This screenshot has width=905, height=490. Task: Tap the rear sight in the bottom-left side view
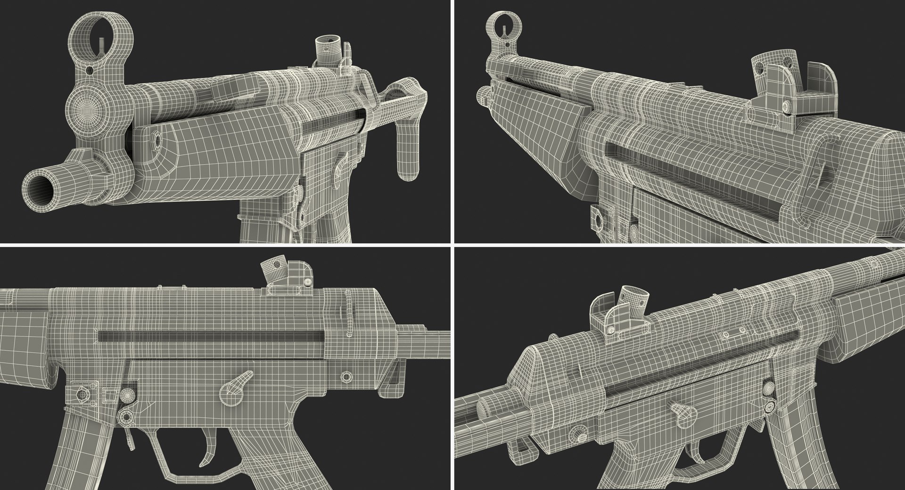click(x=288, y=279)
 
